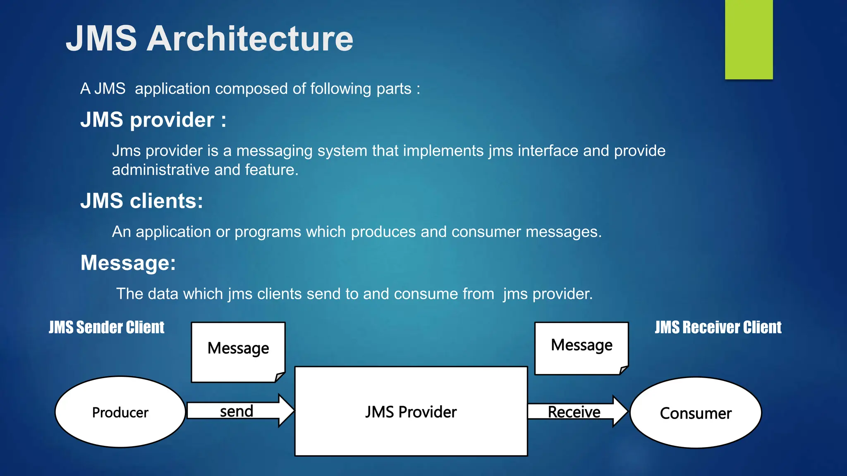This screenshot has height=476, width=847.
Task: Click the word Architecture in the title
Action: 250,38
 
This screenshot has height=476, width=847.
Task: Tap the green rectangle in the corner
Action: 749,39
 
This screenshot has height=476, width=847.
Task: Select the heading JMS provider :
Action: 153,120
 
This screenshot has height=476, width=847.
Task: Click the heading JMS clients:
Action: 141,201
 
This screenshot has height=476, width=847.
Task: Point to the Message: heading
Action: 128,263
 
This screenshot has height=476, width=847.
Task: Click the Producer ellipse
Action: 120,412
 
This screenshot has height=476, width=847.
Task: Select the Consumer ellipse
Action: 696,413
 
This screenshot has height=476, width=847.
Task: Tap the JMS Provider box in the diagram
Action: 411,412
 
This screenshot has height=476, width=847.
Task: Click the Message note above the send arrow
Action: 238,351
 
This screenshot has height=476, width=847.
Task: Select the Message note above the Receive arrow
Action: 581,347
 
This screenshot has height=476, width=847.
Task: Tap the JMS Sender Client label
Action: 106,327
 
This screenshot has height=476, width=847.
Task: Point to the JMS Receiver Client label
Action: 718,327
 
